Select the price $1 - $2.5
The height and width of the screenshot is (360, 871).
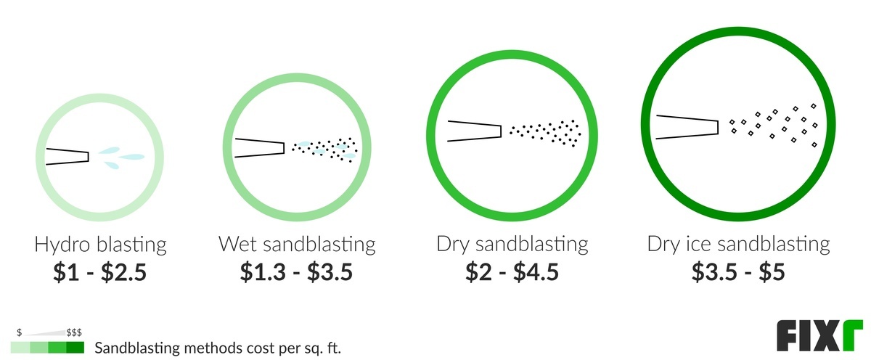[100, 271]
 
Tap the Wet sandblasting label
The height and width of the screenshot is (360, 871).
[297, 245]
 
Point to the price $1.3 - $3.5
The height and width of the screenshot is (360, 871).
[296, 271]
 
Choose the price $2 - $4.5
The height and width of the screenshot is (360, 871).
[512, 271]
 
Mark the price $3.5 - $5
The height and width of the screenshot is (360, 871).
[738, 271]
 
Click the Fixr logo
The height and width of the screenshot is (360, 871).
[819, 336]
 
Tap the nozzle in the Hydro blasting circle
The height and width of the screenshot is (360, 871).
[68, 157]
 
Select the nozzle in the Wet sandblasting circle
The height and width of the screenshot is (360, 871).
[259, 148]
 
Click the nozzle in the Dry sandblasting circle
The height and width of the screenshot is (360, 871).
[475, 131]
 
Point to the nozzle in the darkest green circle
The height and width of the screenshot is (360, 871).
[687, 127]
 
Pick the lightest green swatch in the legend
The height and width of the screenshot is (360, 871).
[20, 348]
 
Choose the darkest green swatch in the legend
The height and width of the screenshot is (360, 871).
[75, 348]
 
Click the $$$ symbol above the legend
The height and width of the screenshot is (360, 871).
[74, 333]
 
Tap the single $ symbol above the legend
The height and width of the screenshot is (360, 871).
[19, 333]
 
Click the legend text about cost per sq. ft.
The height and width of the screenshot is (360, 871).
[218, 348]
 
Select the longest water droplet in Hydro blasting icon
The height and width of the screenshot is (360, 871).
[131, 157]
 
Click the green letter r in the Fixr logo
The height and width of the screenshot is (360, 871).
[853, 335]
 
